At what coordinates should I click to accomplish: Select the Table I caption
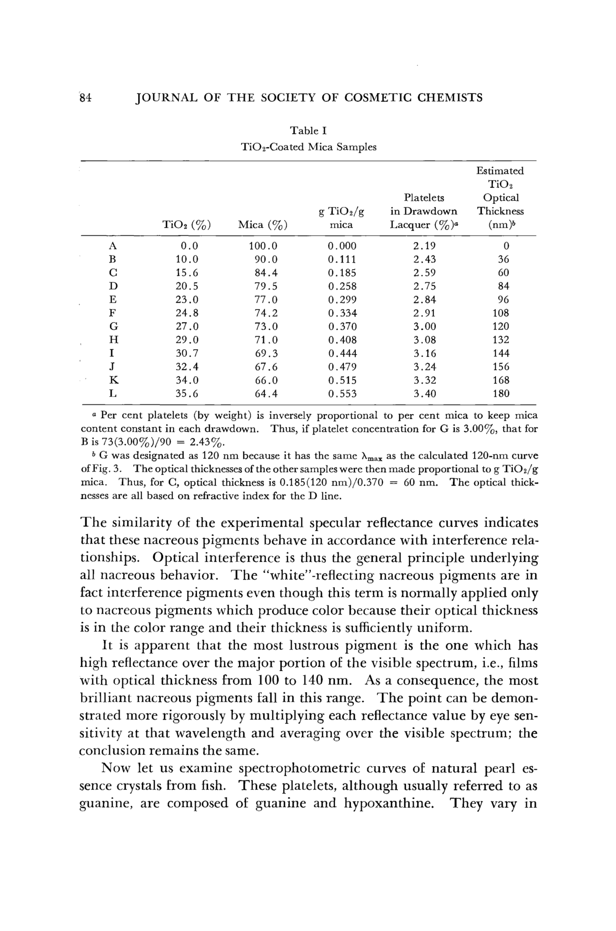coord(308,131)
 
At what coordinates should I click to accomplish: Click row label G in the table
coord(113,326)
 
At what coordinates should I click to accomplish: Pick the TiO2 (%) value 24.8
coord(187,313)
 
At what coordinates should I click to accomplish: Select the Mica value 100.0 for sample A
coord(263,246)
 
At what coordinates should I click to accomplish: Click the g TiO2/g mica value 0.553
coord(342,393)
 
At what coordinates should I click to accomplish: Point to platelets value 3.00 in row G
coord(424,326)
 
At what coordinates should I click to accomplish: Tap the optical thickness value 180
coord(501,393)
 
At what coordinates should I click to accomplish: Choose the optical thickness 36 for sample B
coord(503,259)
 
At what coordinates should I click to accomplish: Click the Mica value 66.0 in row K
coord(266,380)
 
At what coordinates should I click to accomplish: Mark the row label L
coord(113,393)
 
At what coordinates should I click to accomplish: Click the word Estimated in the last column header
coord(500,170)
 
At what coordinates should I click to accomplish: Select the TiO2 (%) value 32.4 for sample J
coord(187,367)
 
